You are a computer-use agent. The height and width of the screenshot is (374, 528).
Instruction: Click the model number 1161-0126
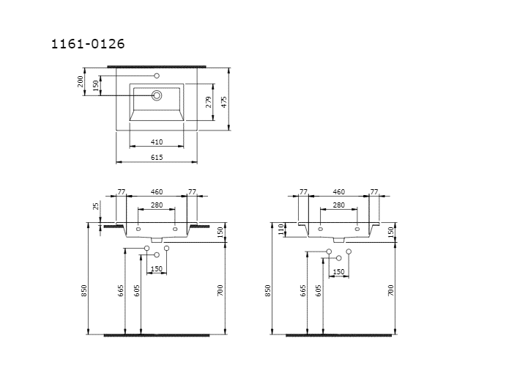88,44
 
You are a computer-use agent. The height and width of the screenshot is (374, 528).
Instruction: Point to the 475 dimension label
224,102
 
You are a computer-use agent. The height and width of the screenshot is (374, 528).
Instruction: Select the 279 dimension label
209,102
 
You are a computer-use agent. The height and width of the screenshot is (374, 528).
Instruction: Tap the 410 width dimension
157,142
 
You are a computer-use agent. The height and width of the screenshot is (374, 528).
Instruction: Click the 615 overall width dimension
157,157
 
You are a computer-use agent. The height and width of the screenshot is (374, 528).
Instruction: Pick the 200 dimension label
81,81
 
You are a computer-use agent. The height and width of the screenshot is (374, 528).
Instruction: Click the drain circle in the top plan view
157,95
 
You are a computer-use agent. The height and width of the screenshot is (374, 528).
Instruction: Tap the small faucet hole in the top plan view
157,76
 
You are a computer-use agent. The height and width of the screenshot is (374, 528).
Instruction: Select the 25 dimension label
97,206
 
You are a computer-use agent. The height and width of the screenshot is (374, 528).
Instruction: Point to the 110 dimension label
281,230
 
